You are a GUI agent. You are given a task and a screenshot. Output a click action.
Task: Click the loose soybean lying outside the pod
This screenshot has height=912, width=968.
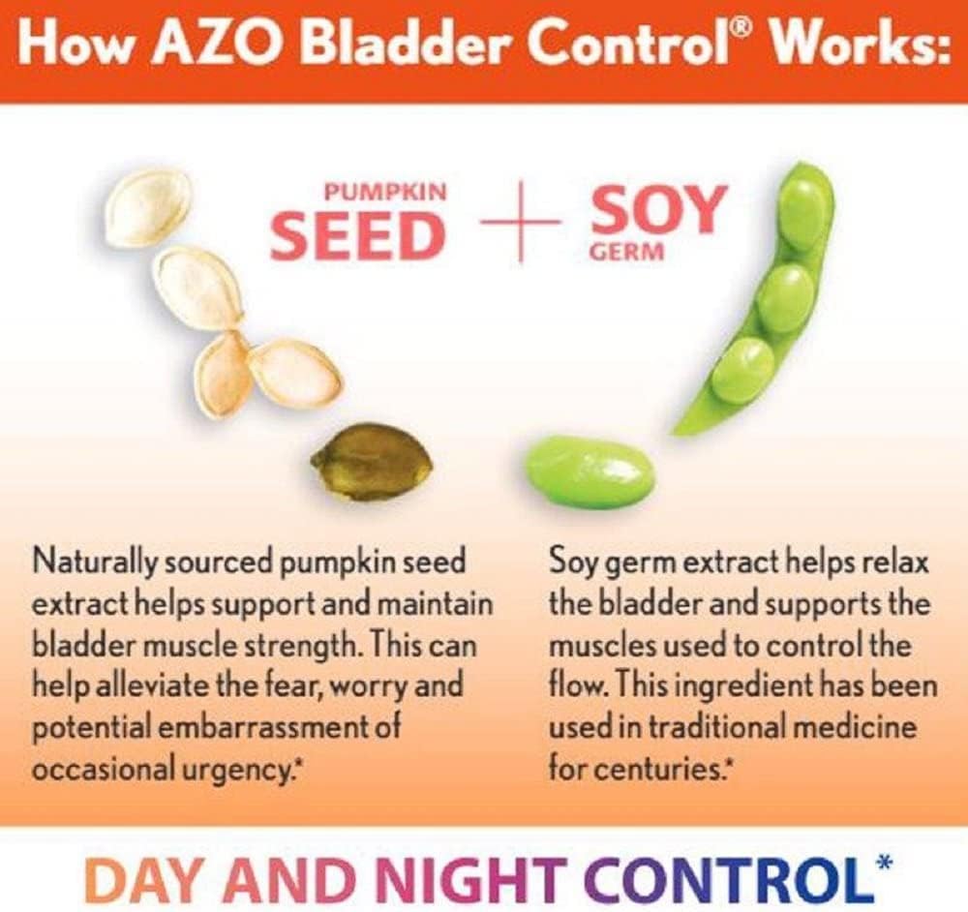coord(590,471)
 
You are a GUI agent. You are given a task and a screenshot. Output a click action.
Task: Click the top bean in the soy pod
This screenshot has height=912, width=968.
coord(802,213)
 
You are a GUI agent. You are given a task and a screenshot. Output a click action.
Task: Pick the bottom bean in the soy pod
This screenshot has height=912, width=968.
coord(743,370)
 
